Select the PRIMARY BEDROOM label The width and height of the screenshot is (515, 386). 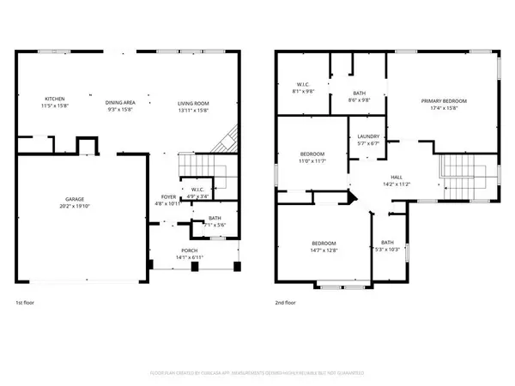click(443, 101)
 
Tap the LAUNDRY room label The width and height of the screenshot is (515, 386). click(369, 137)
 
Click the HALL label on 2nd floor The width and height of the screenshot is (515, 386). click(398, 178)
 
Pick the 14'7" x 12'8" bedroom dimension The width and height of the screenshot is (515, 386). click(324, 250)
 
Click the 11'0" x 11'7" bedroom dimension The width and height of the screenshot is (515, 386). click(288, 161)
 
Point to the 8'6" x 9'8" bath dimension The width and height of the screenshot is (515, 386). click(360, 100)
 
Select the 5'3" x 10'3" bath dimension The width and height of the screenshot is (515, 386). click(388, 250)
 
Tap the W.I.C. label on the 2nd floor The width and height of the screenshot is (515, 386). click(304, 83)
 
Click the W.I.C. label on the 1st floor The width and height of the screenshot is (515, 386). click(197, 190)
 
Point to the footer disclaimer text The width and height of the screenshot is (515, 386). click(257, 373)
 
